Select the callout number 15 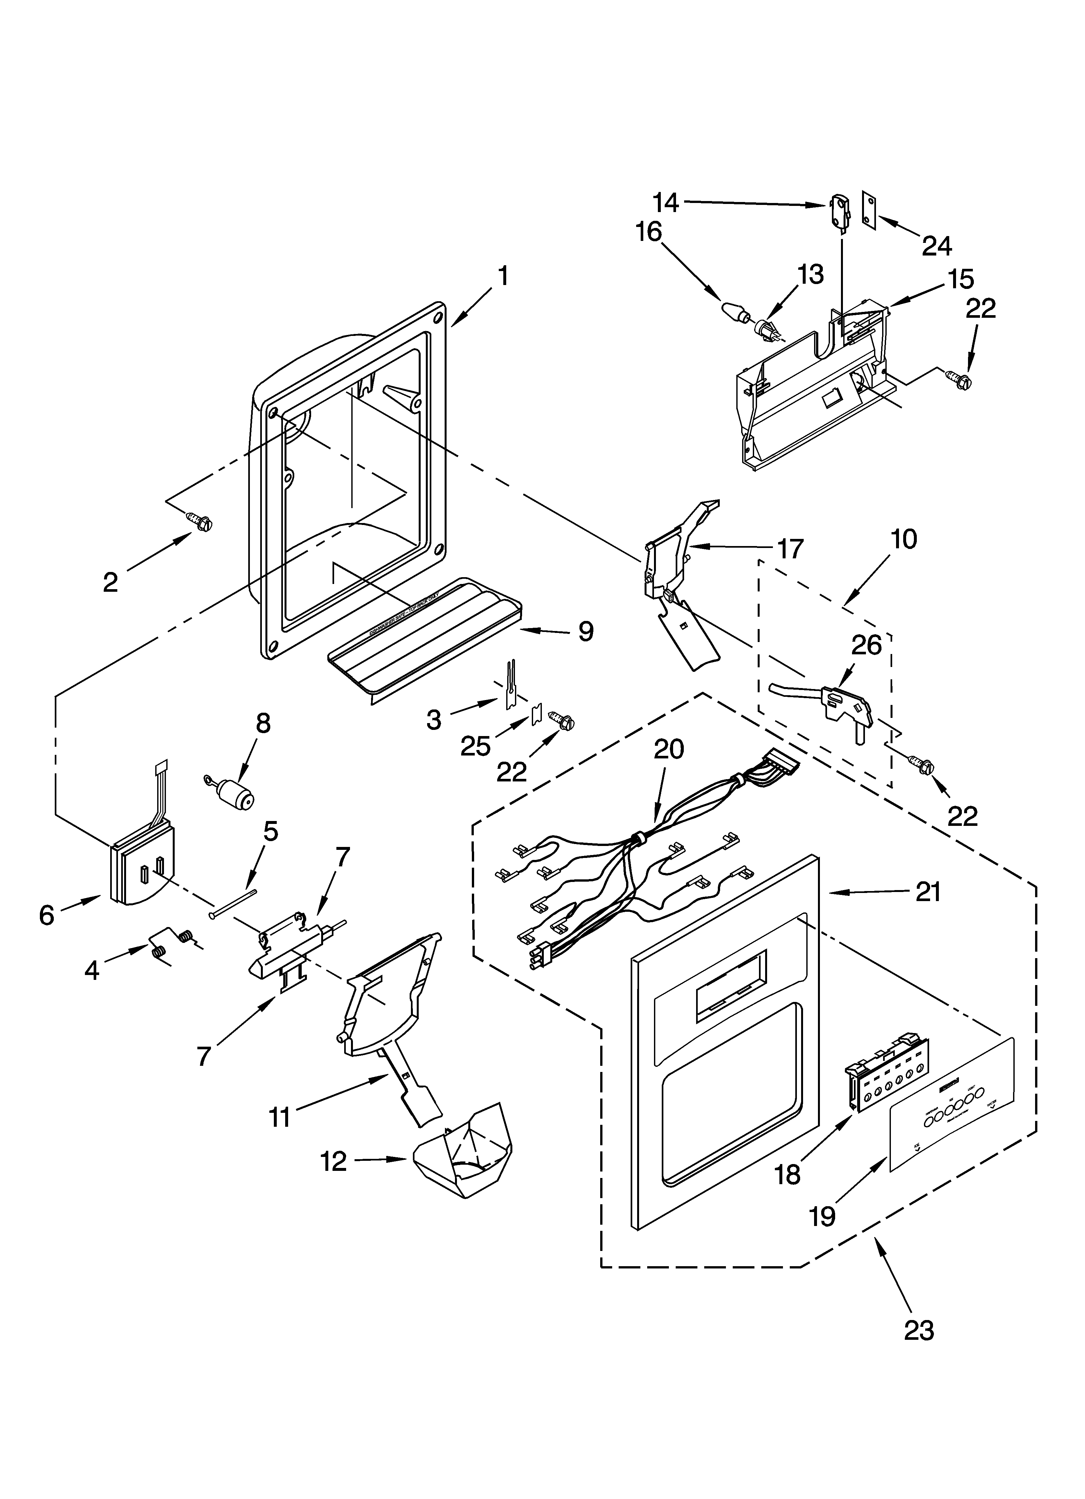[962, 280]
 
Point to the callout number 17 [790, 549]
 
